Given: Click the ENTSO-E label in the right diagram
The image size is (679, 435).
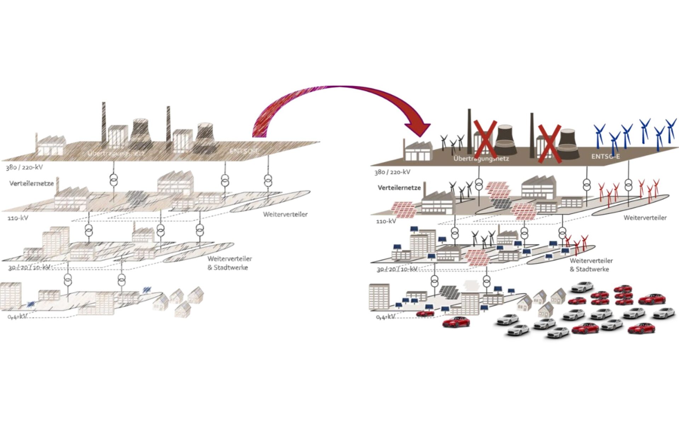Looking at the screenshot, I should point(605,156).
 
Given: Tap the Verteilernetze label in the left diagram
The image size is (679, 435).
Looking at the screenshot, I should point(31,183).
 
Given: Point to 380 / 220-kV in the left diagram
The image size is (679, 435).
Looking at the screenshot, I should point(24,167).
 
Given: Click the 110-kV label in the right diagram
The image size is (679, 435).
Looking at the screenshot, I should point(386,221).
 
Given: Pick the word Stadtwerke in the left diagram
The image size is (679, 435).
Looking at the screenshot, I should point(231,268).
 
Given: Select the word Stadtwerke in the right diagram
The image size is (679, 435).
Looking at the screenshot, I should point(592,269).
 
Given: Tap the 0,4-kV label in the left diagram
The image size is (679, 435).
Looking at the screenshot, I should point(17,316).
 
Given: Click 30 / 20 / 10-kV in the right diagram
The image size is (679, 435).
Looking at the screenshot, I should point(397,269).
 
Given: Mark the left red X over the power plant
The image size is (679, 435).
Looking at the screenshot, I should point(485,139).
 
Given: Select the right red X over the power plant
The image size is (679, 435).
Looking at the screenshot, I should point(549,144).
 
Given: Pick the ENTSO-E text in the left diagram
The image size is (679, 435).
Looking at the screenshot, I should point(244,151).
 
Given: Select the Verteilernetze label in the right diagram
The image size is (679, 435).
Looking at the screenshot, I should point(399,188).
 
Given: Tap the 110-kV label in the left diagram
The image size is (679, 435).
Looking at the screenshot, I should point(18,218).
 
